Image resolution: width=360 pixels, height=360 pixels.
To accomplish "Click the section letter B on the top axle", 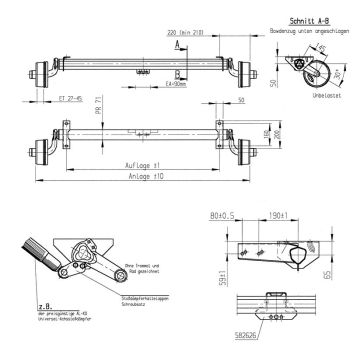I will [176, 72].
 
